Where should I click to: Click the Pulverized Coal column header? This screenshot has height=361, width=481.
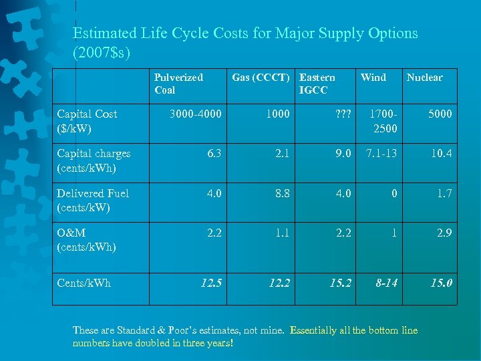[x=178, y=84]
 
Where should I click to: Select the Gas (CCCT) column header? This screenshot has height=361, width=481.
[x=261, y=78]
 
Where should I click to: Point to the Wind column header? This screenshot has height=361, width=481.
[x=373, y=78]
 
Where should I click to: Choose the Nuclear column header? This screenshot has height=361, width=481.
[x=424, y=78]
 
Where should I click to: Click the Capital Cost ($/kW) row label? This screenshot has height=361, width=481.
[x=87, y=120]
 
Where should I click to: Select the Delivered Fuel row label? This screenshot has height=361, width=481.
[x=93, y=200]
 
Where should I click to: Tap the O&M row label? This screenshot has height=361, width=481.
[x=86, y=240]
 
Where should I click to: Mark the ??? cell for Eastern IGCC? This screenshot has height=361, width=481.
[x=341, y=114]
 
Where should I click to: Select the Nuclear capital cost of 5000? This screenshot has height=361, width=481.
[x=440, y=114]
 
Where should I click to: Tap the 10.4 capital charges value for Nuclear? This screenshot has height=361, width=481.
[x=441, y=154]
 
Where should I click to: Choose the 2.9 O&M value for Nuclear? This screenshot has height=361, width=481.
[x=444, y=233]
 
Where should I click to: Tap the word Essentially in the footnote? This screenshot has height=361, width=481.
[x=317, y=330]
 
